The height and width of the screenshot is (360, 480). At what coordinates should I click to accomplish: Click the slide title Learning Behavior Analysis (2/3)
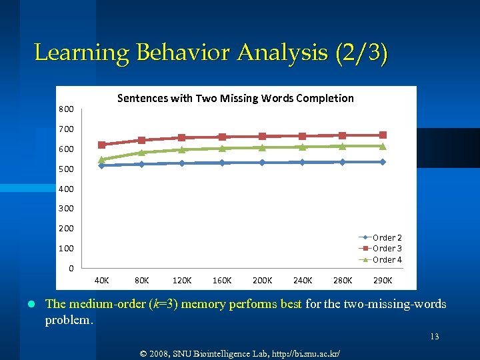coord(210,53)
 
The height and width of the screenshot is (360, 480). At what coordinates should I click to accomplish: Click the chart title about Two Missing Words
coord(235,98)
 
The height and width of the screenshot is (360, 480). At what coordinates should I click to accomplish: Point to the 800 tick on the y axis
coord(65,109)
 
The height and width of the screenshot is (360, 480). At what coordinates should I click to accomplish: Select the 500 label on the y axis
coord(65,169)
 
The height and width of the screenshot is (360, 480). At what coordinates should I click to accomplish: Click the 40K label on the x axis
coord(102,280)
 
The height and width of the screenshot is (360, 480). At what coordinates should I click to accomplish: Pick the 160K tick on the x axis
coord(222,280)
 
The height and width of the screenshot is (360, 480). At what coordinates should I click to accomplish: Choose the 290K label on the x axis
coord(383,280)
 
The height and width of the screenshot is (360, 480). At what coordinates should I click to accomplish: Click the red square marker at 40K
coord(102,145)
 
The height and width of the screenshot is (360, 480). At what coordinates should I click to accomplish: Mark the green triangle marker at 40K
coord(102,160)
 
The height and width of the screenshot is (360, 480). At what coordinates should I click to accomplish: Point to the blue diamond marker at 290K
coord(383,162)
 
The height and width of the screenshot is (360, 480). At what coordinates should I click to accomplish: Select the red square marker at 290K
coord(383,135)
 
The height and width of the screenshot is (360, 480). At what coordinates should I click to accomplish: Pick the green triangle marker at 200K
coord(262,147)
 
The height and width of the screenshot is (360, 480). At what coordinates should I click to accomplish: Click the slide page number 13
coord(434,337)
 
